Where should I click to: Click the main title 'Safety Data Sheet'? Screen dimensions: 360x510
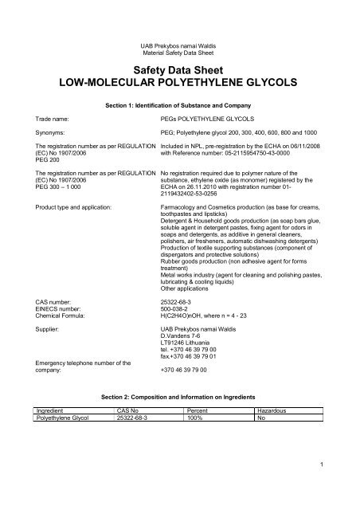[x=179, y=69]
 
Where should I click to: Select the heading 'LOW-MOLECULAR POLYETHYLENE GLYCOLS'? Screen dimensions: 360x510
[x=179, y=83]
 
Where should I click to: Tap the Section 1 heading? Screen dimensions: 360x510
[x=179, y=104]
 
